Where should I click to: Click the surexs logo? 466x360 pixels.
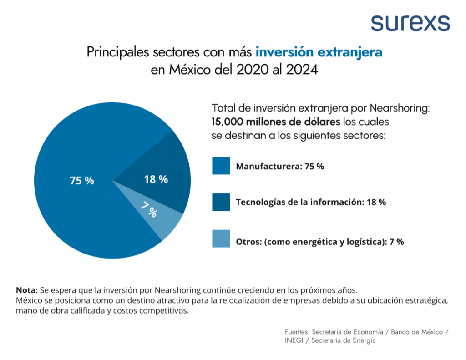pos(410,22)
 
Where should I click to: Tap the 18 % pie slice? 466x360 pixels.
pos(159,177)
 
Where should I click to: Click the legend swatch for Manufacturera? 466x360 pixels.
pos(221,166)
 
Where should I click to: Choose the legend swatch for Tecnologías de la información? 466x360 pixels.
pos(221,202)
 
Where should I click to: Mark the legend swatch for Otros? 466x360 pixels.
pos(221,238)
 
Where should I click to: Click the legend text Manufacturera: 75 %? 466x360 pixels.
pos(280,167)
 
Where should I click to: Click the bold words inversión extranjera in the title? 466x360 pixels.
pos(319,52)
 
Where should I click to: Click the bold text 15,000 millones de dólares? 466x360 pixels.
pos(276,122)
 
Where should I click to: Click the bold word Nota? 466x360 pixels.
pos(27,290)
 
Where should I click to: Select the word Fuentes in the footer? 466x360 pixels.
pos(297,332)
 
